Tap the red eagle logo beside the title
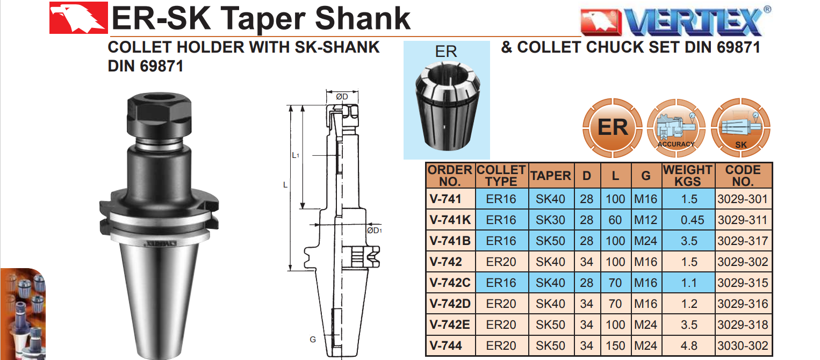(x=78, y=18)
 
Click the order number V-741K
(x=450, y=220)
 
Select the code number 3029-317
(x=743, y=241)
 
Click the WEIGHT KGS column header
(x=688, y=175)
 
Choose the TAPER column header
(x=551, y=176)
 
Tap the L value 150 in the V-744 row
(x=615, y=345)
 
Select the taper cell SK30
(x=551, y=220)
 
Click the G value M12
(x=646, y=220)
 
